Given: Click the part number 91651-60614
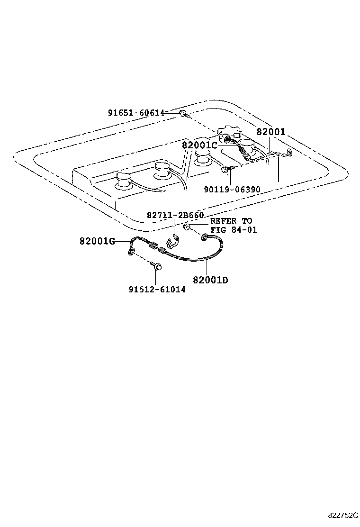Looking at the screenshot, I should tap(136, 113).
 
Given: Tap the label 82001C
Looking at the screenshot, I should tap(199, 145).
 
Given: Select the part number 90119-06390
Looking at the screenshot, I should tap(232, 190).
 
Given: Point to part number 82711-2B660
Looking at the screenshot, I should tap(175, 215).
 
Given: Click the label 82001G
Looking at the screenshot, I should tap(98, 241).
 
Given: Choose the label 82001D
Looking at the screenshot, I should tap(210, 280).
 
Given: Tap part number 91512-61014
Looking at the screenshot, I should tap(157, 290).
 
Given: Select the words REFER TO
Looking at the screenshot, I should tap(231, 221).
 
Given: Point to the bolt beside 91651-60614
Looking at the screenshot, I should tap(184, 114).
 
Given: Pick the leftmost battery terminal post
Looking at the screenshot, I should tap(124, 179).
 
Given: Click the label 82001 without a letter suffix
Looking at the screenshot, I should tap(271, 132).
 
